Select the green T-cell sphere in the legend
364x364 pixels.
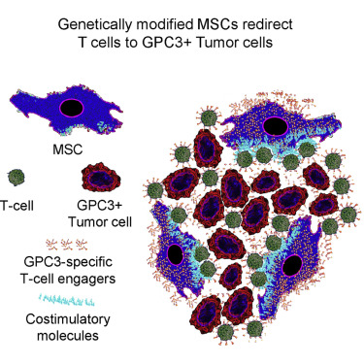[17, 178]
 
